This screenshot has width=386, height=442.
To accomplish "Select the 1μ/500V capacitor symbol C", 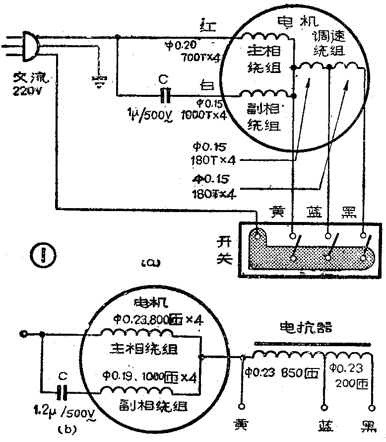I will click(x=167, y=94).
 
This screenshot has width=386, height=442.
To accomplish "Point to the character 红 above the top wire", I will click(x=205, y=24).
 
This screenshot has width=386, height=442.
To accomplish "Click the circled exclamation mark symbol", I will click(x=42, y=256).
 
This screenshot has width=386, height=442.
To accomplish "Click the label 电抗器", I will click(x=306, y=328).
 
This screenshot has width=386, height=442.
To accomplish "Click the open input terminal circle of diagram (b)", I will click(x=22, y=334).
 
